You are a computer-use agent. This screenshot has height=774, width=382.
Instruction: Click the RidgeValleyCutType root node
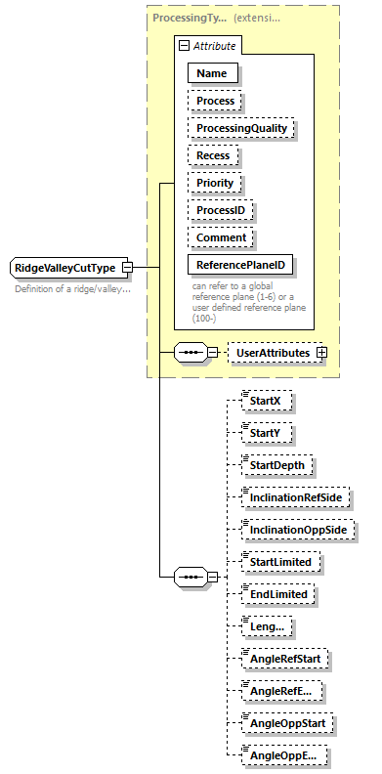pyautogui.click(x=64, y=268)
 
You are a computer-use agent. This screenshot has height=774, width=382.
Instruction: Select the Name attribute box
pyautogui.click(x=212, y=72)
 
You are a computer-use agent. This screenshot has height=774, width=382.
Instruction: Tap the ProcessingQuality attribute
pyautogui.click(x=241, y=128)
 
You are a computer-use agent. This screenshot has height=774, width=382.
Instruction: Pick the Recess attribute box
pyautogui.click(x=213, y=155)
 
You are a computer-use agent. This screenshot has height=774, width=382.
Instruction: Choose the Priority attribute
pyautogui.click(x=215, y=183)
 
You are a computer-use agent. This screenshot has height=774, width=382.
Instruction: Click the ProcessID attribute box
pyautogui.click(x=221, y=210)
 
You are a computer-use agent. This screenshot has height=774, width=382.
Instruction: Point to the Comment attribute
pyautogui.click(x=220, y=237)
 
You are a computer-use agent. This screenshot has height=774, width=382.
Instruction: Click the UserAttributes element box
pyautogui.click(x=274, y=352)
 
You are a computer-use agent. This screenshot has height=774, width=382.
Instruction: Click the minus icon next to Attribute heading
pyautogui.click(x=182, y=46)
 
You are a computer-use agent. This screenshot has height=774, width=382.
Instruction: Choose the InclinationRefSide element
pyautogui.click(x=296, y=497)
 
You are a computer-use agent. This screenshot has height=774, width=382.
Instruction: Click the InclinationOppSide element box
pyautogui.click(x=298, y=530)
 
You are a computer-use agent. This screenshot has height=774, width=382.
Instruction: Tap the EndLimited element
pyautogui.click(x=279, y=594)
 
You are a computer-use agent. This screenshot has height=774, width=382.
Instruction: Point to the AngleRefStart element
pyautogui.click(x=285, y=659)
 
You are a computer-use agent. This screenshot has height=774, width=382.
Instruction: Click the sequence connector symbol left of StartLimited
pyautogui.click(x=188, y=578)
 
